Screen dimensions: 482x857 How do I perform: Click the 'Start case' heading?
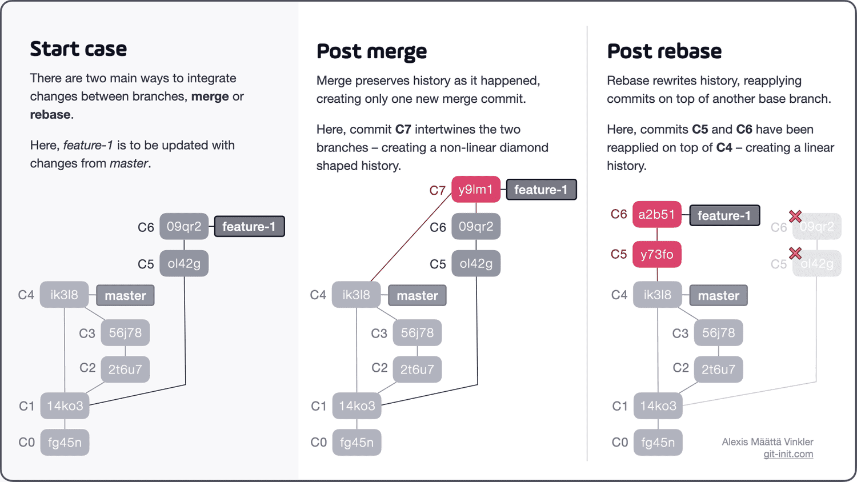[x=78, y=49]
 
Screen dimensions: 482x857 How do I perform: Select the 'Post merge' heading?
[x=371, y=51]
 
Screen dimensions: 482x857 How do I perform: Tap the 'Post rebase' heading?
[x=664, y=51]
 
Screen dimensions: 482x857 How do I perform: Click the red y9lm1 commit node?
[x=475, y=190]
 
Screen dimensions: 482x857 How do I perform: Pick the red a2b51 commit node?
[x=656, y=215]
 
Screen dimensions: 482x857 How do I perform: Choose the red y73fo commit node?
[x=656, y=255]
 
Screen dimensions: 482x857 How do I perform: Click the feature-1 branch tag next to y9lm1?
[x=541, y=190]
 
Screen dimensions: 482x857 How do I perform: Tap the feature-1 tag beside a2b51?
[x=724, y=215]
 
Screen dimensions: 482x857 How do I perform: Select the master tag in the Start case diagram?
[x=125, y=296]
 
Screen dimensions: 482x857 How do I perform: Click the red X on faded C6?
[x=795, y=216]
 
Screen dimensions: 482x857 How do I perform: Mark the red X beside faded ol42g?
[x=795, y=253]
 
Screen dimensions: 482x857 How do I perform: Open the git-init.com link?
[x=788, y=454]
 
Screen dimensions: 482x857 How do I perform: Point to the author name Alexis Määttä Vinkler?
[x=767, y=441]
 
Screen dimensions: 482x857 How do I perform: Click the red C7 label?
[x=437, y=191]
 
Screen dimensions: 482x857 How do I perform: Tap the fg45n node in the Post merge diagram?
[x=357, y=443]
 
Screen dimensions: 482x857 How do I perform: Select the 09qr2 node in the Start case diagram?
[x=184, y=227]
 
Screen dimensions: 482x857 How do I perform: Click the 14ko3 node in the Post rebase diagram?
[x=658, y=406]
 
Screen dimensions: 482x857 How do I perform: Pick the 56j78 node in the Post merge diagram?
[x=417, y=333]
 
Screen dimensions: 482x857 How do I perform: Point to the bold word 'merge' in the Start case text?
[x=210, y=97]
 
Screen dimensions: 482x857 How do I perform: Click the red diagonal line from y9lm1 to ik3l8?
[x=411, y=236]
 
